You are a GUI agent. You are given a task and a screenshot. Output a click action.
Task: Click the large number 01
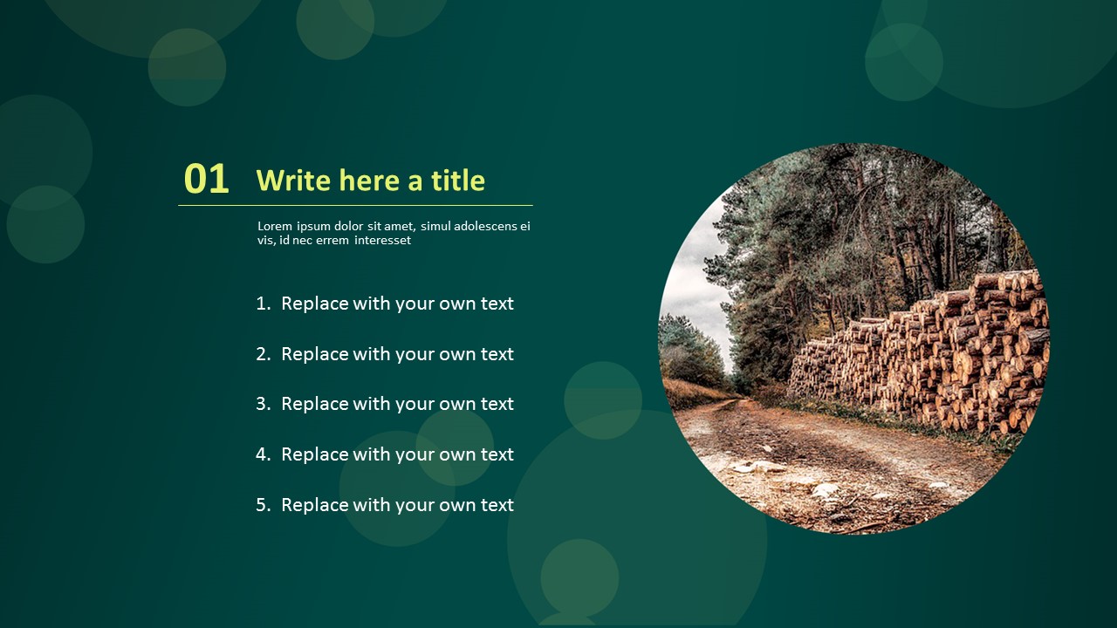pyautogui.click(x=207, y=179)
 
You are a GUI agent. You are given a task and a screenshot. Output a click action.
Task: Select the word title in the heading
pyautogui.click(x=458, y=180)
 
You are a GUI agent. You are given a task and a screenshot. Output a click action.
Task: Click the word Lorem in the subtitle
pyautogui.click(x=275, y=226)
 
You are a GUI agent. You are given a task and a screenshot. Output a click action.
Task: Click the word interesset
pyautogui.click(x=382, y=240)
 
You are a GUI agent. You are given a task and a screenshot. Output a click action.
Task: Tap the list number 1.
pyautogui.click(x=263, y=304)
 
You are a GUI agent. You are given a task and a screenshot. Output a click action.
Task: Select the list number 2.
pyautogui.click(x=263, y=354)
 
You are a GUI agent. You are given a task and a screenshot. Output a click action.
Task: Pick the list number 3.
pyautogui.click(x=263, y=404)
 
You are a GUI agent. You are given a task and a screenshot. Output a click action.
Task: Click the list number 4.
pyautogui.click(x=263, y=454)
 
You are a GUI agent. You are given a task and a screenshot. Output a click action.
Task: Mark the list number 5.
pyautogui.click(x=263, y=505)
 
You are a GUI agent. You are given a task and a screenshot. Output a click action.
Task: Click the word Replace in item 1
pyautogui.click(x=315, y=304)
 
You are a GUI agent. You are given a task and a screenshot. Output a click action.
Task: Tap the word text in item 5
pyautogui.click(x=497, y=505)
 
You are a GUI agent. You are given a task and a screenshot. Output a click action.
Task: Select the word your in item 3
pyautogui.click(x=415, y=405)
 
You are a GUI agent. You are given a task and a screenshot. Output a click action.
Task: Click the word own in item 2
pyautogui.click(x=457, y=354)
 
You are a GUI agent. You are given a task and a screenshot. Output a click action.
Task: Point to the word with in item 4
pyautogui.click(x=372, y=454)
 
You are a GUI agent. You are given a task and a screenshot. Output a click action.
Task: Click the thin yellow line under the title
pyautogui.click(x=355, y=205)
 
